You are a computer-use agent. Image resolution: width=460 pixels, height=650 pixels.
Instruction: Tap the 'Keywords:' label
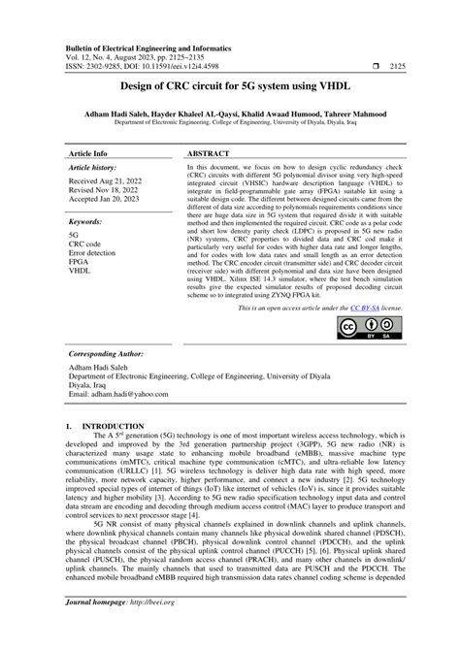[89, 222]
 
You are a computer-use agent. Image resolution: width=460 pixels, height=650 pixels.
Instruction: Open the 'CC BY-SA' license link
[349, 307]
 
